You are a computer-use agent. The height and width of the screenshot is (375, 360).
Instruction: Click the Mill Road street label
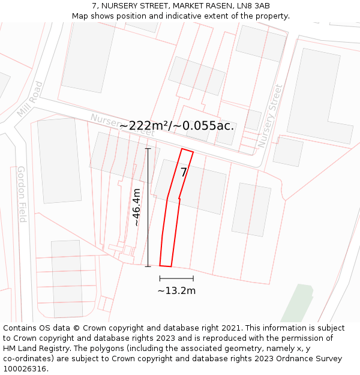tap(30, 100)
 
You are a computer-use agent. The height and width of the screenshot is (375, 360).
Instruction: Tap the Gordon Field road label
tap(22, 194)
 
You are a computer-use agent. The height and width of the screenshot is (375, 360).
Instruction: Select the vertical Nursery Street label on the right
tap(269, 116)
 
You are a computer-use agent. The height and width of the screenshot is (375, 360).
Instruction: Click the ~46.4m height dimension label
tap(137, 207)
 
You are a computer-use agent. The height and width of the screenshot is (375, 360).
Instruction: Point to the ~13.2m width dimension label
tap(176, 291)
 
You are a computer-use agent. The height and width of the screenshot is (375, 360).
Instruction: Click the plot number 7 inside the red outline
tap(184, 172)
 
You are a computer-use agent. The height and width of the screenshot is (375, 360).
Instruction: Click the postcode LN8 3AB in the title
tap(253, 6)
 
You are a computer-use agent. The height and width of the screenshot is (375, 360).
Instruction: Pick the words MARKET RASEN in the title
tap(200, 6)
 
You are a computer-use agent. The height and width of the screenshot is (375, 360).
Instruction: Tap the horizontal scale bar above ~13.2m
tap(176, 278)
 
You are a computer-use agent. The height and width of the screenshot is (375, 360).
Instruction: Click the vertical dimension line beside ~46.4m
tap(148, 207)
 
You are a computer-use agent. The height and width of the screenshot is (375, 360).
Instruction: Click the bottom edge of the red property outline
tap(166, 265)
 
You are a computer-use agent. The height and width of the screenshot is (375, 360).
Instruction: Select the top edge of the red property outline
tap(187, 151)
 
